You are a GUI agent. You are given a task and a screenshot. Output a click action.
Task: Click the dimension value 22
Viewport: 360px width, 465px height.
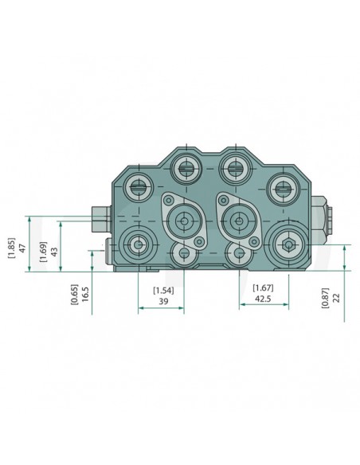336,296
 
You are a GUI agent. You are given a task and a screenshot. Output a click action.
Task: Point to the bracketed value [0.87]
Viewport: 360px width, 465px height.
324,296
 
